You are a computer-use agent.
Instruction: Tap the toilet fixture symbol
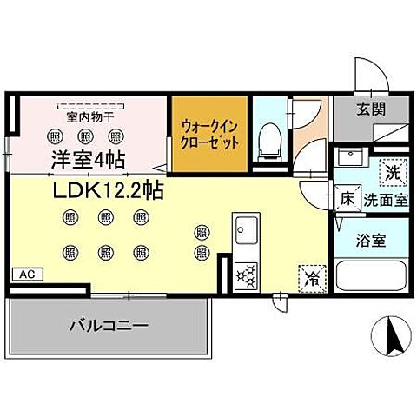(268, 140)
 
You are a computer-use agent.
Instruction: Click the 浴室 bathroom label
(370, 241)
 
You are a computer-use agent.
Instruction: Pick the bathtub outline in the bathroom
(370, 277)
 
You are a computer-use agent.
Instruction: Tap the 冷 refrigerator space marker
(310, 278)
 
